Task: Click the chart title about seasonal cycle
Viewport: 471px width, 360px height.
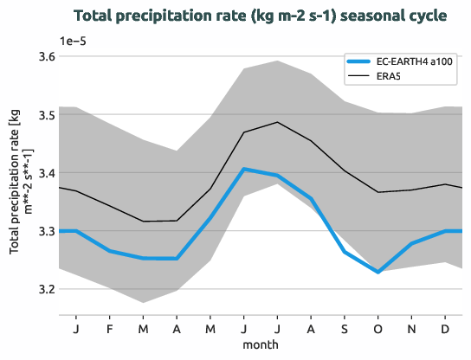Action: (261, 16)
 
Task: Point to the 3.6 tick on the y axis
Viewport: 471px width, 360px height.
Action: (44, 57)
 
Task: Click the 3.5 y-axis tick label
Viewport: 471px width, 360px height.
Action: (44, 115)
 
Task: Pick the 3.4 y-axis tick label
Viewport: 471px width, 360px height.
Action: (44, 173)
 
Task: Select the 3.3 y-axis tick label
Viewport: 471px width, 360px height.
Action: (44, 231)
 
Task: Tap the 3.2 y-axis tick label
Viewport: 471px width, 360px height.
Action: (44, 289)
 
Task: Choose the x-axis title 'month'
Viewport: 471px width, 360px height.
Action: (261, 344)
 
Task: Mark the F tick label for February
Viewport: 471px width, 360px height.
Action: (110, 330)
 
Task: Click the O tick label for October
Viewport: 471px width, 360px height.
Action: (377, 330)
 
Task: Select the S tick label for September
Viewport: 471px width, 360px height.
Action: (344, 330)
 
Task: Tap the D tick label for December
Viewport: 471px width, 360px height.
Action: (444, 330)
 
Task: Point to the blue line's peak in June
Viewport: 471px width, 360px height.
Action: (244, 169)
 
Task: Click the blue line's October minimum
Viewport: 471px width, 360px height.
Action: (377, 272)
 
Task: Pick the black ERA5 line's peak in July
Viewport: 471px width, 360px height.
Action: (277, 122)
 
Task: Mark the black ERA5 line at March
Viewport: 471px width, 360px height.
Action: (143, 222)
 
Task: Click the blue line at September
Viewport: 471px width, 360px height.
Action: (344, 251)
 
